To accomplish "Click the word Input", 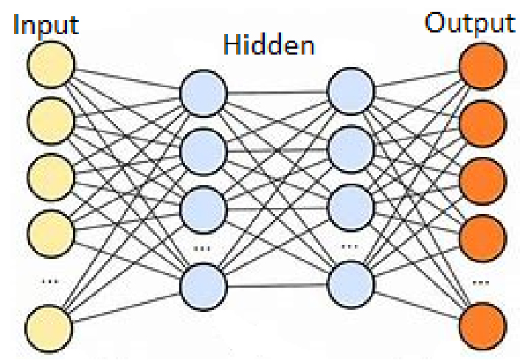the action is (46, 26).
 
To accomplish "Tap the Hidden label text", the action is (269, 44).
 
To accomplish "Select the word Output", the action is (470, 24).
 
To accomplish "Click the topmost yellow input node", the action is (51, 65).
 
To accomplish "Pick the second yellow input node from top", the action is (50, 120).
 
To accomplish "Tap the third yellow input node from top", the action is (51, 177).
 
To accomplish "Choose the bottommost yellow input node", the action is (49, 328).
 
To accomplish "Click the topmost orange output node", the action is (483, 66).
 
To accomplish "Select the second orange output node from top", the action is (483, 123).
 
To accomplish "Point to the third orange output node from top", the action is (483, 181).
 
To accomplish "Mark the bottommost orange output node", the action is (483, 326).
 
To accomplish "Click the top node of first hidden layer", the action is (204, 93).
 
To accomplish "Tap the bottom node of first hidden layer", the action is (204, 287).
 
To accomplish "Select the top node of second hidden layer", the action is (351, 91).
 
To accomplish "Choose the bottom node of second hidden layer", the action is (351, 285).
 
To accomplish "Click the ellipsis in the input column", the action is (49, 282).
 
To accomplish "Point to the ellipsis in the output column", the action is (480, 283).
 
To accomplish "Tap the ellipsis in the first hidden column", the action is (201, 248).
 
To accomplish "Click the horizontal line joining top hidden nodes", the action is (277, 92).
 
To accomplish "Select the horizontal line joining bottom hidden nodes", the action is (277, 285).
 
